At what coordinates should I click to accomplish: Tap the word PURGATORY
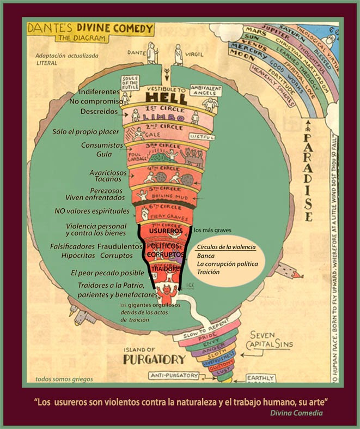[154, 359]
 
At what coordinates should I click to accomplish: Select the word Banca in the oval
[206, 255]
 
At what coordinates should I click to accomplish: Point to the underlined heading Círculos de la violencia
[225, 247]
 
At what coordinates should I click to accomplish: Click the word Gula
[104, 154]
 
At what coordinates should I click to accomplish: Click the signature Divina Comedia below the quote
[296, 413]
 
